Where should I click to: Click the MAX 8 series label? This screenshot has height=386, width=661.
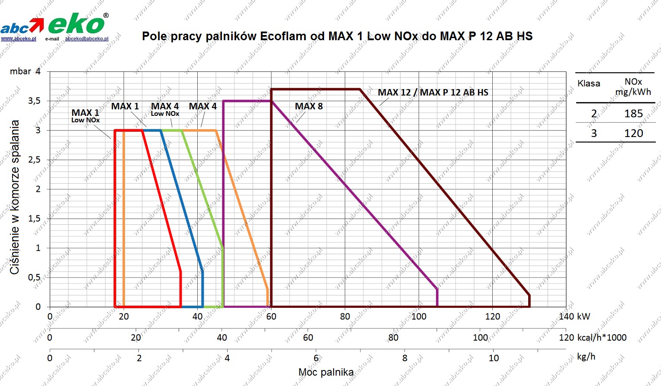click(308, 106)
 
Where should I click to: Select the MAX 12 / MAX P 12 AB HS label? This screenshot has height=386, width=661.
click(433, 93)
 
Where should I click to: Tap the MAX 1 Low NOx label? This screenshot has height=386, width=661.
click(85, 116)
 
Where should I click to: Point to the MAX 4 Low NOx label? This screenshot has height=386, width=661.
click(165, 109)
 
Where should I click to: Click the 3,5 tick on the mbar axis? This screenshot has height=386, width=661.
click(34, 101)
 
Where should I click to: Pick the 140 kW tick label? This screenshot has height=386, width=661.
click(574, 316)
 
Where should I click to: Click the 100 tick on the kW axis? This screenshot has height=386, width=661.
click(418, 316)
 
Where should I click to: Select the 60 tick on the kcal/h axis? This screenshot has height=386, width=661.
click(308, 337)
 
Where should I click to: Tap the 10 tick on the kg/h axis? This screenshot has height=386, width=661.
click(494, 358)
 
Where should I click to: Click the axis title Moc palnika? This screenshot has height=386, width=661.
click(326, 372)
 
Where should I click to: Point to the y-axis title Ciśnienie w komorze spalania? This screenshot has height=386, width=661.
click(15, 197)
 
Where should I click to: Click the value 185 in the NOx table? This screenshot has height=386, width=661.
click(633, 113)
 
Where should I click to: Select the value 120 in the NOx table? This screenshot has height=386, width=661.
click(633, 133)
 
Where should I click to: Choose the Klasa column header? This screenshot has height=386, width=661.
click(589, 83)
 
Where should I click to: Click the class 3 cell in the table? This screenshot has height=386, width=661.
click(594, 133)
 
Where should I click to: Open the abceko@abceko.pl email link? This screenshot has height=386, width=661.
click(87, 38)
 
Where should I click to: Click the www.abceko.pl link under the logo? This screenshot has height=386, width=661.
click(18, 38)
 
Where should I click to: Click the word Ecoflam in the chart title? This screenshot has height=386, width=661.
click(283, 36)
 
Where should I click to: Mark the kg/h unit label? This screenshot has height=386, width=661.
click(586, 357)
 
